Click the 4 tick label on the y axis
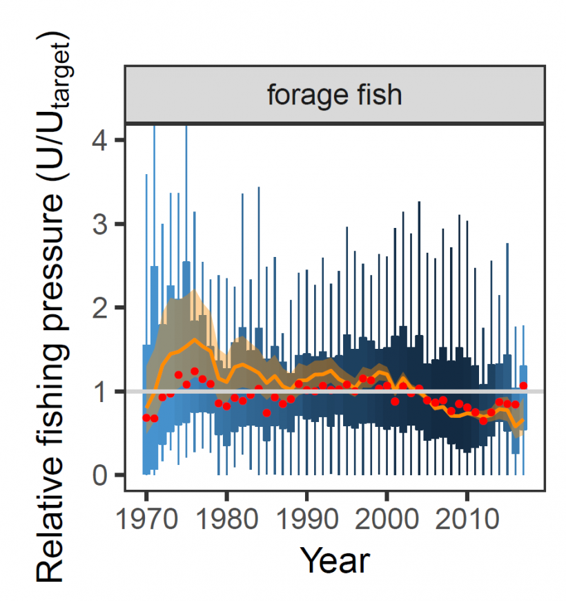(100, 140)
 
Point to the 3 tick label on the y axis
(100, 224)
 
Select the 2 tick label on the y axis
(100, 307)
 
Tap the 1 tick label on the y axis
(100, 391)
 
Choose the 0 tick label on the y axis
(100, 475)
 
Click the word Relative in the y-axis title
(52, 525)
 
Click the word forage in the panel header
(306, 95)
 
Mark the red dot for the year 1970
(146, 418)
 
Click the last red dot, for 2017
(523, 386)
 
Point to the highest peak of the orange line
(195, 340)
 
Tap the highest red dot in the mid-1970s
(195, 371)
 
